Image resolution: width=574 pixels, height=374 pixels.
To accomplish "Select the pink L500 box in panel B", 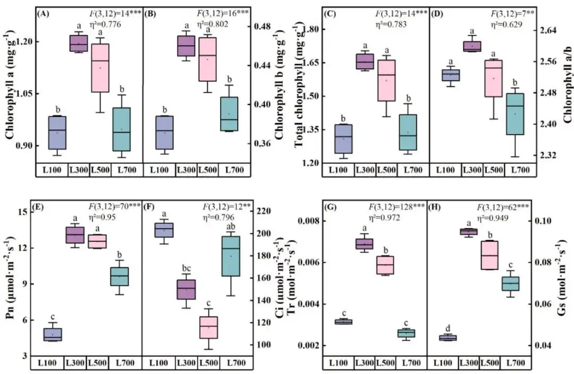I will tap(208, 59).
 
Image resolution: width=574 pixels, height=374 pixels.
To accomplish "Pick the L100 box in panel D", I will tap(451, 75).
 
